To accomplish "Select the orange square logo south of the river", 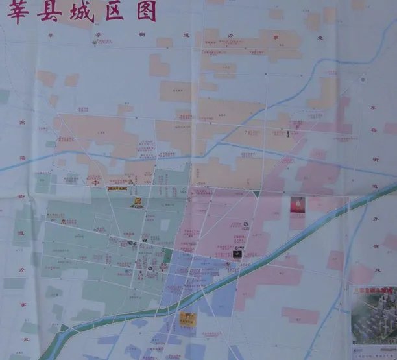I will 187,318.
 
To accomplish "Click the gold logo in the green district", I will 137,202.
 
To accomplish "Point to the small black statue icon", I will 289,134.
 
